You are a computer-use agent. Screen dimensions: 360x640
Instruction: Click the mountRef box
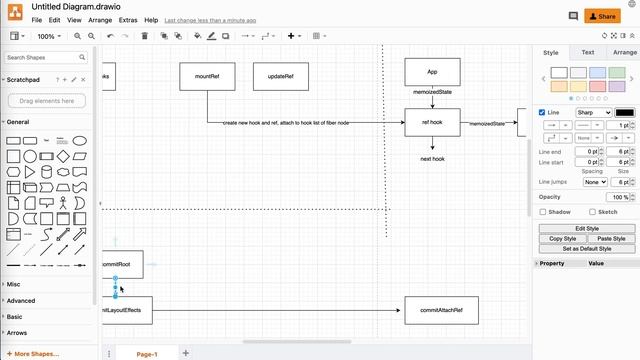[208, 77]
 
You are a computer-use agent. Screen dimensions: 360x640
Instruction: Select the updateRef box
[280, 77]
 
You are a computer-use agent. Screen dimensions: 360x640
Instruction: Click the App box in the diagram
[432, 72]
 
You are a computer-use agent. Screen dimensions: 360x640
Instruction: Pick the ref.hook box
[432, 123]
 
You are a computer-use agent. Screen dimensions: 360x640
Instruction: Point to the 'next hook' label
[432, 159]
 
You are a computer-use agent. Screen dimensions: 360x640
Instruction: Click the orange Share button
[601, 16]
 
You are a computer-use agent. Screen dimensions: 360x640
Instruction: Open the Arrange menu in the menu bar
[100, 20]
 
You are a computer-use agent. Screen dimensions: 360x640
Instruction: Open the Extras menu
[128, 20]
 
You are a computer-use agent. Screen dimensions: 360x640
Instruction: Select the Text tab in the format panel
[588, 52]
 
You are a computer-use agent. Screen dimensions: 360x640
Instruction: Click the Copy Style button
[563, 239]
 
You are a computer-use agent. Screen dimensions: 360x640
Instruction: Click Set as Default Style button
[585, 248]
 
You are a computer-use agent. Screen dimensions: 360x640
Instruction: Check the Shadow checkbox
[543, 212]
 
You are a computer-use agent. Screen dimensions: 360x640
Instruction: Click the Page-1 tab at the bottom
[146, 353]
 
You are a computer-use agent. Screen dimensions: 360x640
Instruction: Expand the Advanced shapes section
[21, 300]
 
